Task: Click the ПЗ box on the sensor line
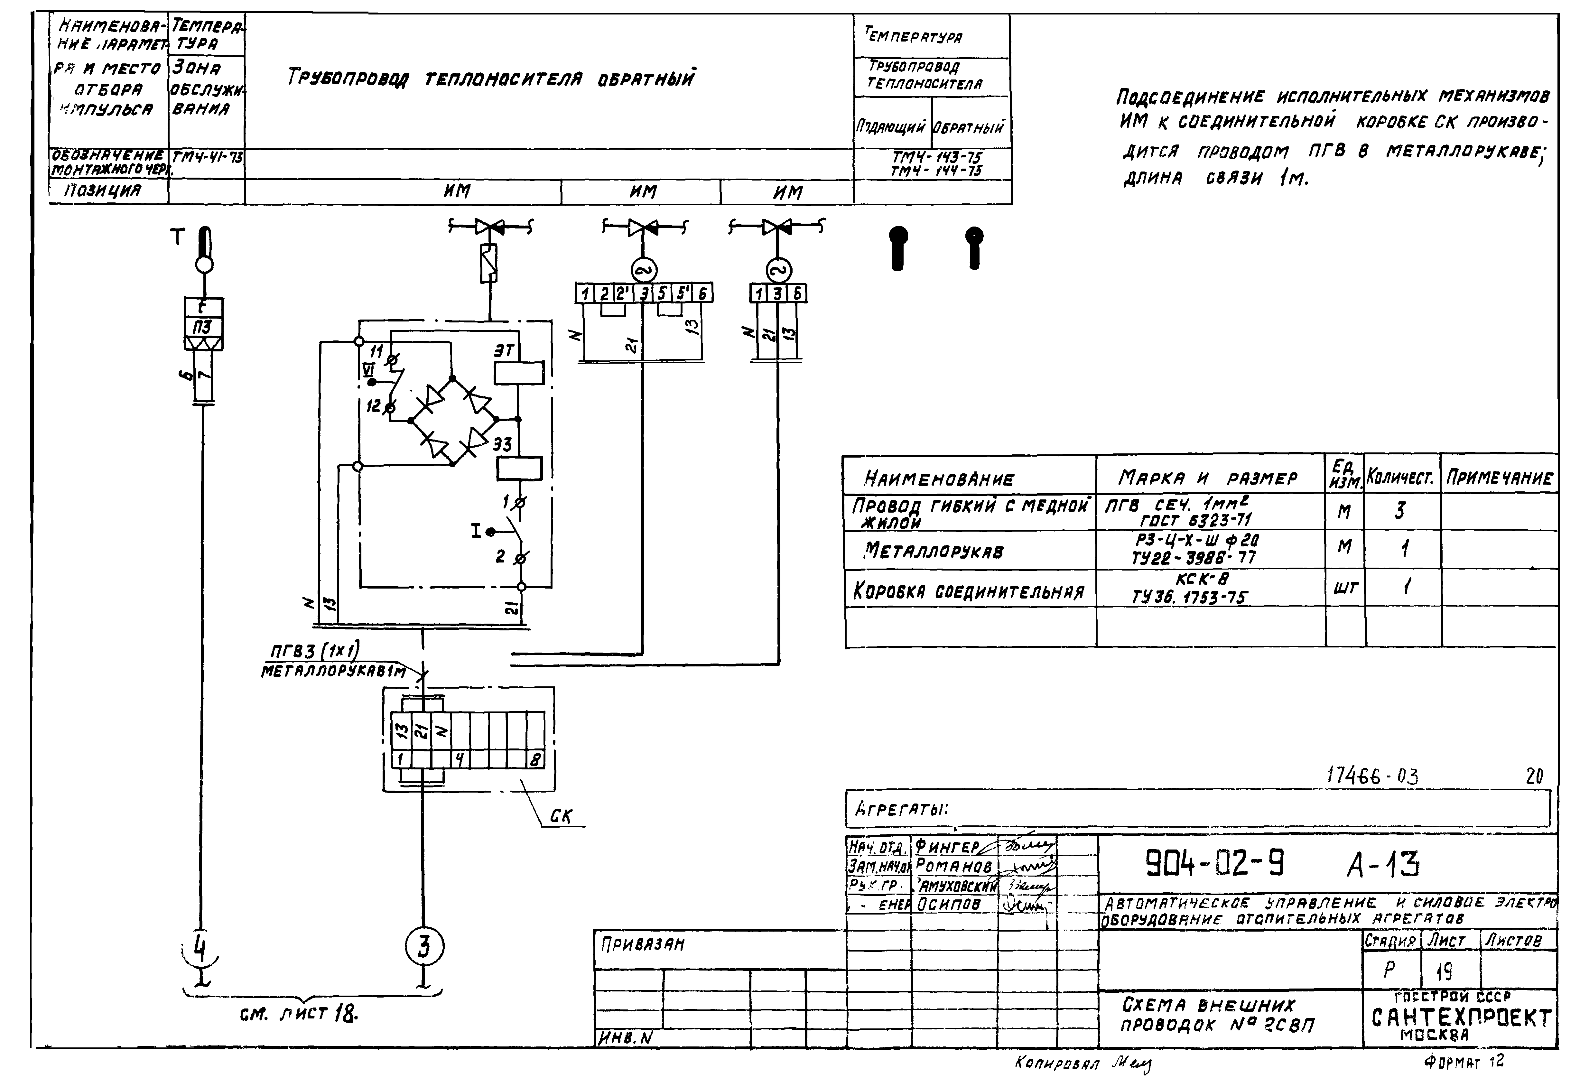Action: [x=202, y=327]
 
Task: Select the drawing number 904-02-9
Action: [x=1214, y=864]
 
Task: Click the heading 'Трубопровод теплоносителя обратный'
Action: [x=490, y=79]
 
